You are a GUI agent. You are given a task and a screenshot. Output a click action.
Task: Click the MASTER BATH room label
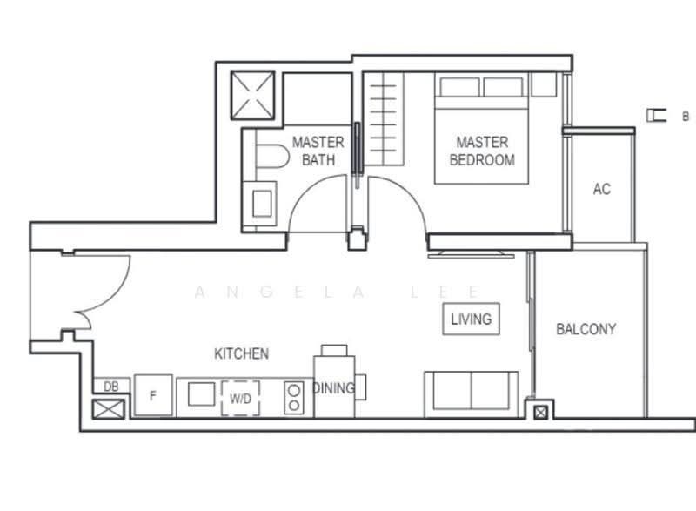click(x=318, y=151)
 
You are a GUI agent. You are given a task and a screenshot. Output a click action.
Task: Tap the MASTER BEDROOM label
click(x=482, y=151)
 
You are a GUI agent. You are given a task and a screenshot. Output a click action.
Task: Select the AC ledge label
click(x=601, y=189)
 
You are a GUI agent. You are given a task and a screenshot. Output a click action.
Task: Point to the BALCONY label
click(x=586, y=329)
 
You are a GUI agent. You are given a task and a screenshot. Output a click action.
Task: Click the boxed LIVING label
click(x=471, y=319)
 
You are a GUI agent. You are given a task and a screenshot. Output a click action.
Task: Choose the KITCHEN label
click(x=242, y=353)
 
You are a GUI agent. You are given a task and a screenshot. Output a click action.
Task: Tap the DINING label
click(x=334, y=388)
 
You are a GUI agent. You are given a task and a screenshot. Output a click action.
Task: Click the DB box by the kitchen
click(x=111, y=386)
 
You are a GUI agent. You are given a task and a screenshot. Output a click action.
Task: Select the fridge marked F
click(x=153, y=395)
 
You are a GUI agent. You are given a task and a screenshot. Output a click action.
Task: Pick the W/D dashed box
click(x=241, y=398)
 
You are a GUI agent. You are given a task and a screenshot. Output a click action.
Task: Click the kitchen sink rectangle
click(x=202, y=394)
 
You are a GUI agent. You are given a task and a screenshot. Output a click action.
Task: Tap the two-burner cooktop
click(x=293, y=398)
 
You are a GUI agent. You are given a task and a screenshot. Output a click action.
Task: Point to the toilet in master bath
click(x=271, y=155)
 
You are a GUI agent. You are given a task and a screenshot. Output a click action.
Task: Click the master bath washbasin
click(x=262, y=204)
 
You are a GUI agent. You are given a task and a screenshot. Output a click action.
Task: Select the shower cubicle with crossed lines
click(x=252, y=96)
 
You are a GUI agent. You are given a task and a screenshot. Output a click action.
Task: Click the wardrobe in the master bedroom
click(x=384, y=119)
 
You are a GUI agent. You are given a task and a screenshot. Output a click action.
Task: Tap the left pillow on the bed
click(x=459, y=87)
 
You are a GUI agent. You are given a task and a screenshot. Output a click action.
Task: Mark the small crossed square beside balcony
click(x=540, y=413)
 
